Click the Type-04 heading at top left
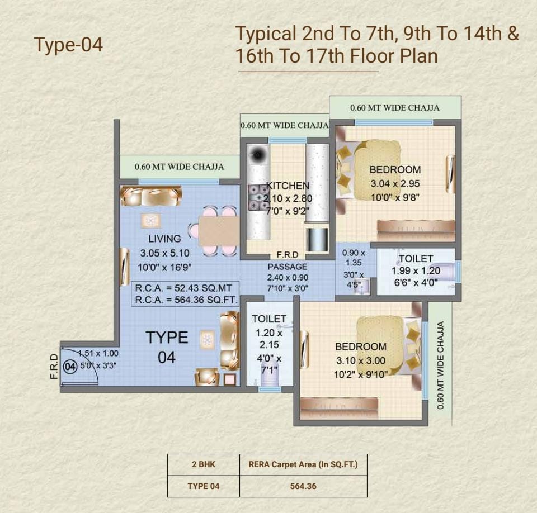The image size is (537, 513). point(68,45)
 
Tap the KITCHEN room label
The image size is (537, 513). point(288,186)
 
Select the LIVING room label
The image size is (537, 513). point(164,239)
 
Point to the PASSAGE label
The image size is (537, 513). point(288,267)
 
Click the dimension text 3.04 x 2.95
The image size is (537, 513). point(395,184)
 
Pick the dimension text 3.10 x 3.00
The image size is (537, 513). point(361,360)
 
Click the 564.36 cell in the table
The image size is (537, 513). point(303,486)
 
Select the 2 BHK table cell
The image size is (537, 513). point(204,464)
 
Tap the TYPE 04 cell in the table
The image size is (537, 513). point(204,486)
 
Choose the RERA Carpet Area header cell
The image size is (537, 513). point(303,464)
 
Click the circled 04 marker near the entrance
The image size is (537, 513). point(70,367)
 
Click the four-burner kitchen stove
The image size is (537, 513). point(258,198)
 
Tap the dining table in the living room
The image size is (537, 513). point(219,231)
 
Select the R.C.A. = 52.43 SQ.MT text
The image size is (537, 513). point(183,288)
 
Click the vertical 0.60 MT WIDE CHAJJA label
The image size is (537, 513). point(440,365)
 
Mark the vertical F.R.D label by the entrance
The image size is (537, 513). point(54,367)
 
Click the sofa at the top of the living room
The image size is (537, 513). point(150,196)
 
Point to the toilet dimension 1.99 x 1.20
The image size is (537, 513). point(416,270)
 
